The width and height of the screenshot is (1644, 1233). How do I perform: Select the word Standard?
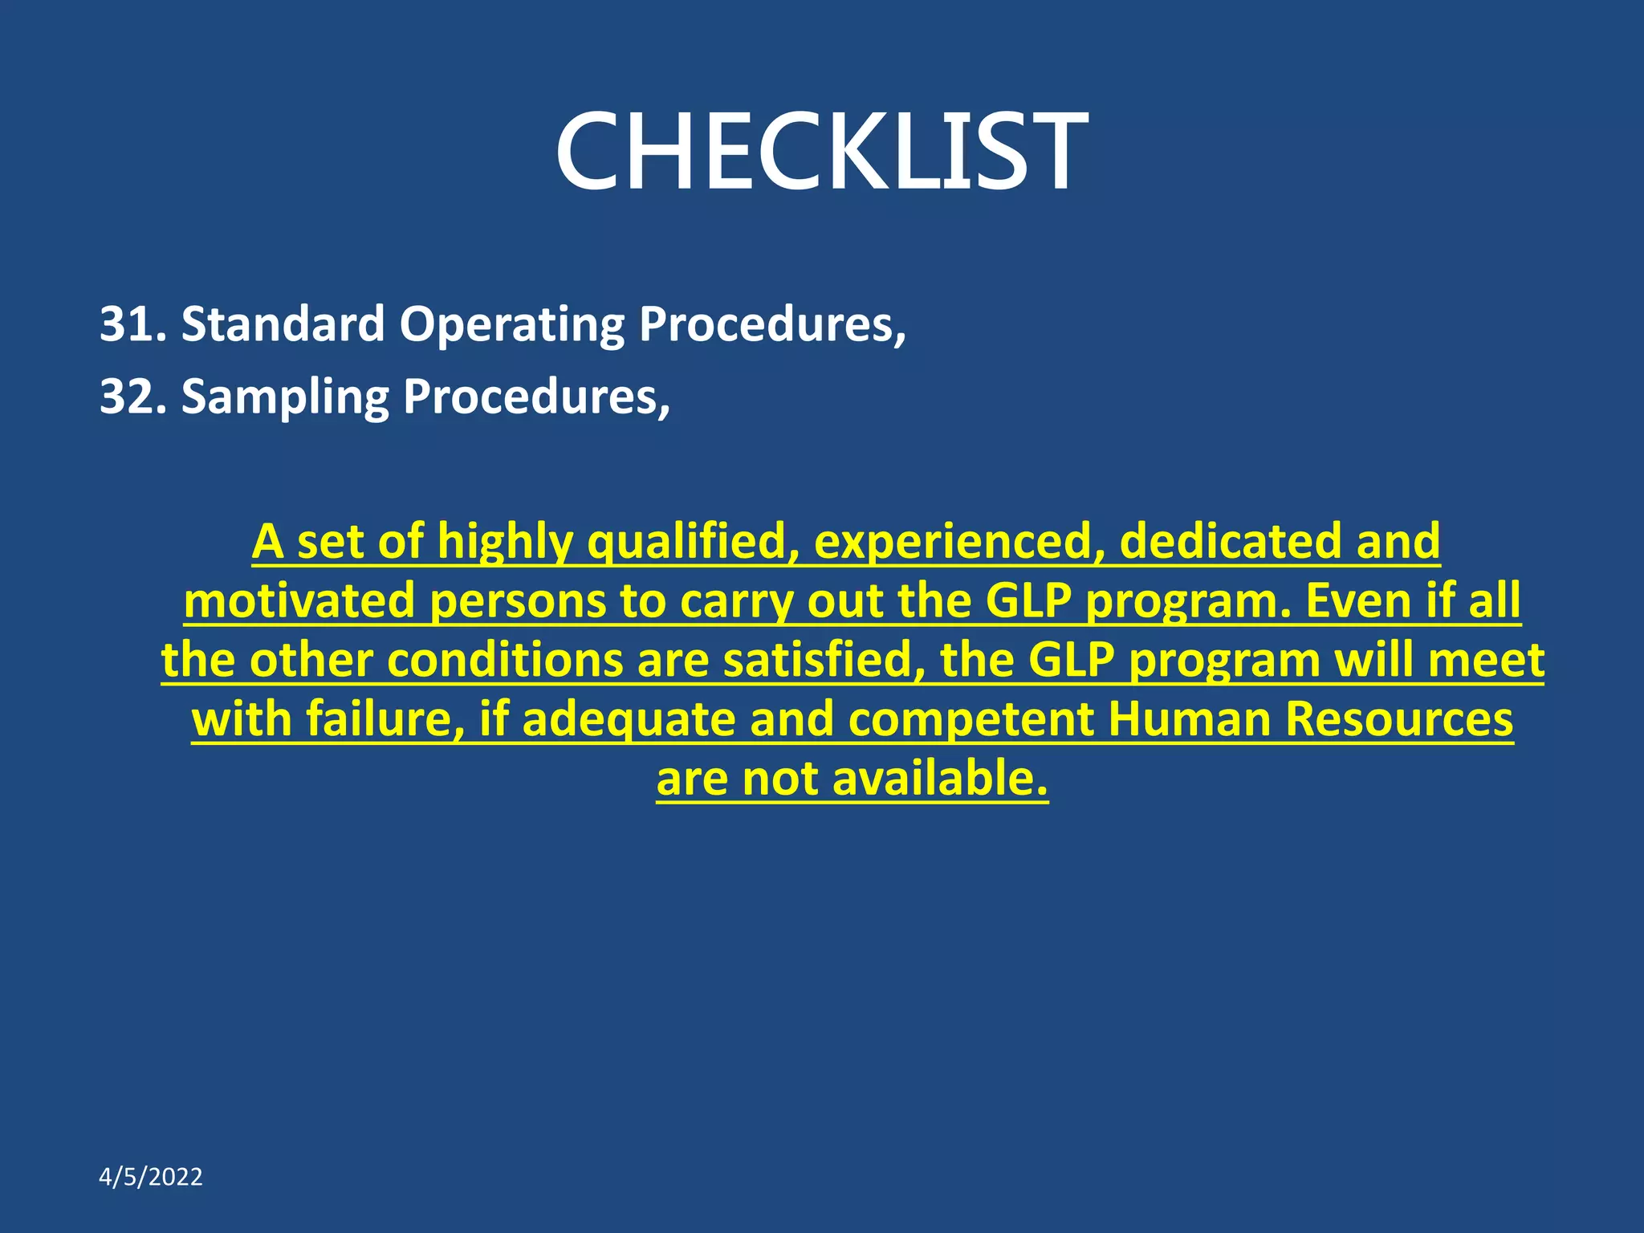tap(283, 324)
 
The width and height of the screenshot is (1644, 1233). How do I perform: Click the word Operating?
tap(511, 326)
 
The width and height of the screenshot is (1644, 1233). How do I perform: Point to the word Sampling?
tap(284, 398)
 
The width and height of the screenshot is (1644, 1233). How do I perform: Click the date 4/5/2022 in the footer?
tap(150, 1177)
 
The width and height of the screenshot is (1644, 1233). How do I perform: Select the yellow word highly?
tap(505, 543)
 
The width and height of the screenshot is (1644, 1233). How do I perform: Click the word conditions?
tap(505, 661)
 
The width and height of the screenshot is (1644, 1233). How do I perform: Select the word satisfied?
tap(824, 661)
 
